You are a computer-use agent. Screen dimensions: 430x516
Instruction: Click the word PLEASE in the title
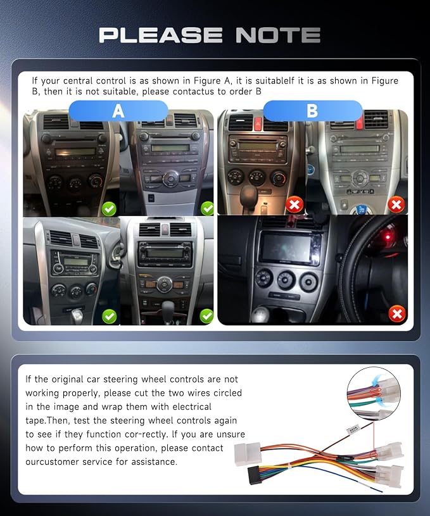161,35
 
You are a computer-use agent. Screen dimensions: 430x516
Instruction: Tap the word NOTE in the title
278,35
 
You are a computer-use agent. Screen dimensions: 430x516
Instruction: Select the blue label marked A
118,111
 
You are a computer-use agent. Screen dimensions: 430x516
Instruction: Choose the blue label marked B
312,111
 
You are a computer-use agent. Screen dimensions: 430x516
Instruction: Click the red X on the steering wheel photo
396,313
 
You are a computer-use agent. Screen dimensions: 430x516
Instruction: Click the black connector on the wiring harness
255,475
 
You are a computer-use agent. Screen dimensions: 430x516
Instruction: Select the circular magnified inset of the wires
374,393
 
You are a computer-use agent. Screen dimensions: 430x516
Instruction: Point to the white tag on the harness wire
353,429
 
